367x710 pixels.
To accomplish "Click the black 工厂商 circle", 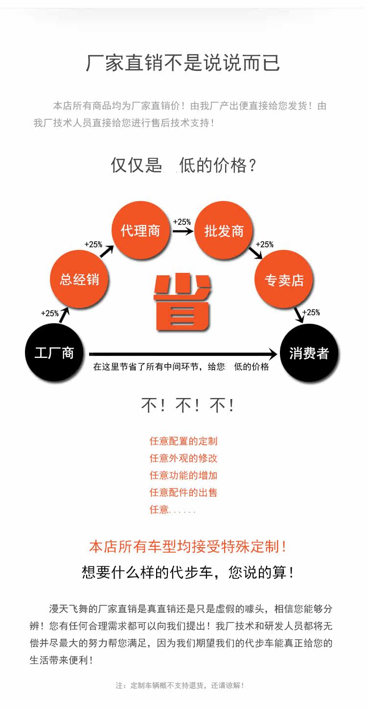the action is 54,353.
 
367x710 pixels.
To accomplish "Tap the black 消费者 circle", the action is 309,353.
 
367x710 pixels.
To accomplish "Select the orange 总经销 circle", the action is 79,279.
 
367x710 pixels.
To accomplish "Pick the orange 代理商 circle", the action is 140,230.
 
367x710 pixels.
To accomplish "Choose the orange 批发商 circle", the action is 224,230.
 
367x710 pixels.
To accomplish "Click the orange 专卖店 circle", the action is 284,280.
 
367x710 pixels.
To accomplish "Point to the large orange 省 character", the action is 183,302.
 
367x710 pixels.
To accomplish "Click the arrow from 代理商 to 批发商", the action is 183,231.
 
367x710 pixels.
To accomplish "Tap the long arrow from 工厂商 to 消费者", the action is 183,354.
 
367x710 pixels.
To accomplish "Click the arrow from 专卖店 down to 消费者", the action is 298,314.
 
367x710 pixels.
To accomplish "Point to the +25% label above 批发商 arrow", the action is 182,222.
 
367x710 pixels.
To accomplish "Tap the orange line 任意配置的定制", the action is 183,441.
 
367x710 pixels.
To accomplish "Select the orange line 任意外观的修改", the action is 183,458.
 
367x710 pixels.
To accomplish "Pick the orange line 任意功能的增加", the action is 183,475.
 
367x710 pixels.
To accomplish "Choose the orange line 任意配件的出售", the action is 183,492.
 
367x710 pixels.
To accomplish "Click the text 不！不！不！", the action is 188,405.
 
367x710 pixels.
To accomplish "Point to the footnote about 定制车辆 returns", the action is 180,686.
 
